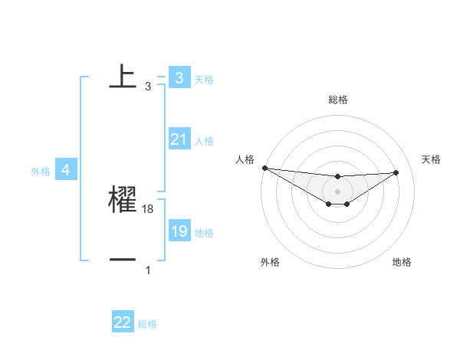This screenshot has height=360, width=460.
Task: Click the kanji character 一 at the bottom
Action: [x=123, y=260]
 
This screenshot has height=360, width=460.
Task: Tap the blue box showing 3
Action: [x=179, y=77]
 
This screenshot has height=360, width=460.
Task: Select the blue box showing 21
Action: [x=179, y=139]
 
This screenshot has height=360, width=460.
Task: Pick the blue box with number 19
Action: [x=179, y=231]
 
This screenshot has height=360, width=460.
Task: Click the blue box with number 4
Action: [x=66, y=170]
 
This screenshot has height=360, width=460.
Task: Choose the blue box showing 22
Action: [x=123, y=322]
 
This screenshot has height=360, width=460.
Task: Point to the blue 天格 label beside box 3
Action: [x=204, y=79]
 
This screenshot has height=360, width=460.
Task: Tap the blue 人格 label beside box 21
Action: [x=204, y=141]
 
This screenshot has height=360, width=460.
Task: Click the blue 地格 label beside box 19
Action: [x=204, y=233]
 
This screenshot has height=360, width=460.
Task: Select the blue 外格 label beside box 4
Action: [x=41, y=172]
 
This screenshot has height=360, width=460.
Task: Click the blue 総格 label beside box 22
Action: [x=147, y=324]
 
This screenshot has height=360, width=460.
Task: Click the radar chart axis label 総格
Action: [x=338, y=100]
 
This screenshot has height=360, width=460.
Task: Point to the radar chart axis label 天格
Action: [x=432, y=159]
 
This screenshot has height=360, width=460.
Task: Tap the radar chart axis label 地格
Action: [x=402, y=262]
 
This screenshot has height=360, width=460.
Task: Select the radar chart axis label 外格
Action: [x=270, y=262]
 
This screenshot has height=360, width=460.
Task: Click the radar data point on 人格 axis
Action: [x=264, y=168]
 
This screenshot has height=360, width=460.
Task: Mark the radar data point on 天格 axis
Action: [x=396, y=172]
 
